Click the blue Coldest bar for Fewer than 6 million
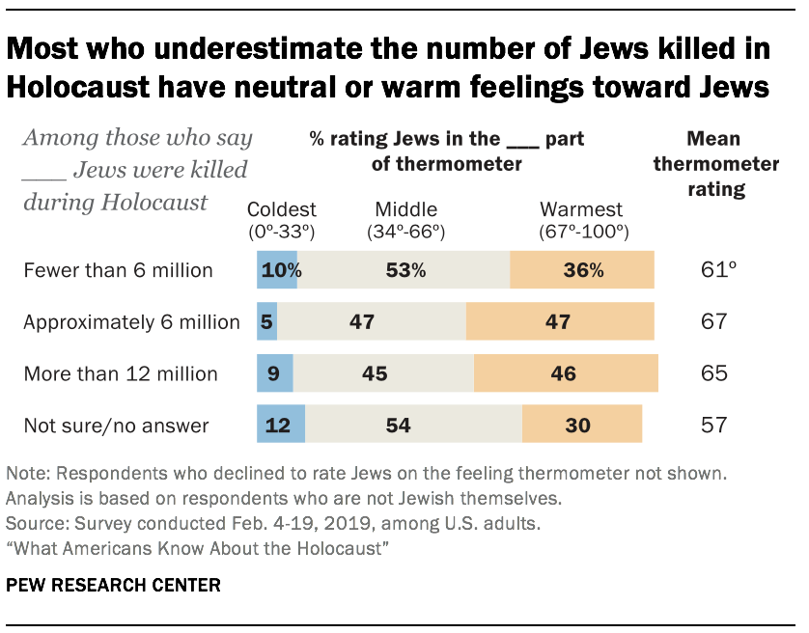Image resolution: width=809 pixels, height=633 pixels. click(278, 270)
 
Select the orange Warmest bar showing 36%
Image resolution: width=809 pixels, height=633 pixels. click(581, 270)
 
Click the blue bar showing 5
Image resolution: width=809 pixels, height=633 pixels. click(267, 321)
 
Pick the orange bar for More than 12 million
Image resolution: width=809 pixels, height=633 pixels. click(566, 373)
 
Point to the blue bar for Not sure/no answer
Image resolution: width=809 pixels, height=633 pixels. click(281, 425)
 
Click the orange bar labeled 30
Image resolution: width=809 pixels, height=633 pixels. click(581, 425)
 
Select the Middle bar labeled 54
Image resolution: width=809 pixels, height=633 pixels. click(413, 425)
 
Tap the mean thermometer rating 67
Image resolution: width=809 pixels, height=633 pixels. click(714, 321)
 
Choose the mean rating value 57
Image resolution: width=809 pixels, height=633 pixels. click(714, 425)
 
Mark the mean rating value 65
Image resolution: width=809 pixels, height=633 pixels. click(714, 373)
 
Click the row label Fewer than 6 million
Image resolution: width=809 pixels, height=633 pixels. click(118, 270)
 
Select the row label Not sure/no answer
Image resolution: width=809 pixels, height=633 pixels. click(116, 425)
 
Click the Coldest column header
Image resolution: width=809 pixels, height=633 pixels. click(282, 220)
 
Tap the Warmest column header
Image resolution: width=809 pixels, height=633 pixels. click(581, 220)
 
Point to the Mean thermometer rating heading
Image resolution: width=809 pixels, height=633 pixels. click(715, 163)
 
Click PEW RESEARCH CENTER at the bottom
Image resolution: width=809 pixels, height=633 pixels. click(114, 586)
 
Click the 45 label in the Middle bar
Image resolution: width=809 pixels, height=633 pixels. click(383, 373)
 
